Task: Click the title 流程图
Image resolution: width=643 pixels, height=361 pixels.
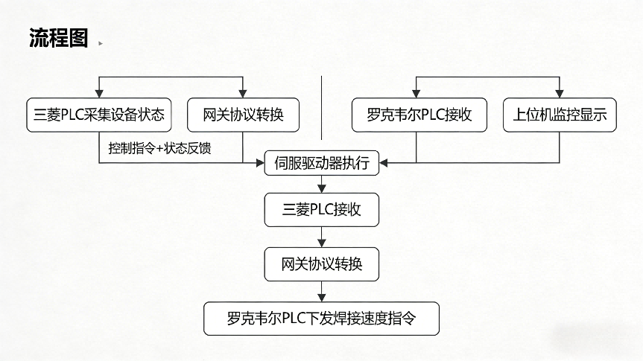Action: [59, 39]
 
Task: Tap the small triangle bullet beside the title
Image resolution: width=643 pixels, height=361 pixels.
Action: [101, 43]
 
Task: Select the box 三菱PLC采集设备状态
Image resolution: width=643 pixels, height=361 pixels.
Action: [99, 115]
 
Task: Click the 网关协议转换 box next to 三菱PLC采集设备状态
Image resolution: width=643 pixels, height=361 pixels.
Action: [243, 115]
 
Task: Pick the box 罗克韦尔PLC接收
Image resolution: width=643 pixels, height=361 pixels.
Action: [419, 115]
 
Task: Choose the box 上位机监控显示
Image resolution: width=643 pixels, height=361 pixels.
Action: [560, 115]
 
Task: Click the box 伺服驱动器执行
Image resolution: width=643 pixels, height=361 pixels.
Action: [322, 163]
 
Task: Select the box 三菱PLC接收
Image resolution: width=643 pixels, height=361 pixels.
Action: [322, 209]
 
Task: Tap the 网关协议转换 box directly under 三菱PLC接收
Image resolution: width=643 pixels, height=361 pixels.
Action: [322, 264]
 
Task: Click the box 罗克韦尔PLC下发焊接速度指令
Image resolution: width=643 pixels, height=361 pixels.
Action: [322, 319]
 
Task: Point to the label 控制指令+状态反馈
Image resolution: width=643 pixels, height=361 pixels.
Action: [159, 149]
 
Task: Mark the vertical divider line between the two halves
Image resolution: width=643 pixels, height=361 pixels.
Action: [322, 108]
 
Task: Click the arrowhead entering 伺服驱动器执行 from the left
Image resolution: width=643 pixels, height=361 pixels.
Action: [261, 162]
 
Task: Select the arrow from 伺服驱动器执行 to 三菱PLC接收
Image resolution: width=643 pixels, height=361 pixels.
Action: [322, 185]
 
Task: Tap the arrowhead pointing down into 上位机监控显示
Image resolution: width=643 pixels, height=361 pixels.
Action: [560, 95]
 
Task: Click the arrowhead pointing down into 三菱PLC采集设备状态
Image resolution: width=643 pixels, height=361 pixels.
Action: [100, 95]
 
